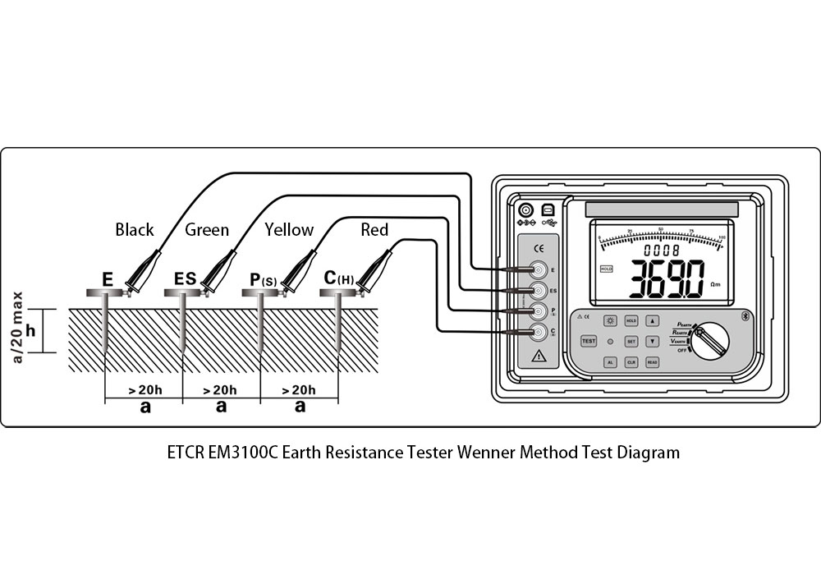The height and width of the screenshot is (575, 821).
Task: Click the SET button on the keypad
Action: click(x=631, y=340)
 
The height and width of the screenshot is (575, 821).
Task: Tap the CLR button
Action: click(x=631, y=361)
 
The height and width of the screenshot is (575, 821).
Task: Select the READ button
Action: click(x=652, y=361)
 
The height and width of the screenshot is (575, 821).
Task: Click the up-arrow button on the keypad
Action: click(x=652, y=321)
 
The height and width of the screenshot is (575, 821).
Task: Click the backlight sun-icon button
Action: click(x=611, y=321)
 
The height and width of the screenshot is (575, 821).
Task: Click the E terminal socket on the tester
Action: click(x=539, y=269)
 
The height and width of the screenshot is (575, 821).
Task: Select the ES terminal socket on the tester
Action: click(x=539, y=290)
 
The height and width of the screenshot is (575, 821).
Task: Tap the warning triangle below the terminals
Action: click(x=539, y=356)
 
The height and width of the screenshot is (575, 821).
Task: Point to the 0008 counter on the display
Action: click(x=662, y=250)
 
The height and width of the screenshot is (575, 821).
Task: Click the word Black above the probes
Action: click(x=135, y=230)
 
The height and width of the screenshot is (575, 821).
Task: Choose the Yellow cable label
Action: click(x=289, y=230)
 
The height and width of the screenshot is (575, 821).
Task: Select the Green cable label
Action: click(x=207, y=230)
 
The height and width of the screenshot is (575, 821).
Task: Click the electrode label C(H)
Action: click(x=339, y=279)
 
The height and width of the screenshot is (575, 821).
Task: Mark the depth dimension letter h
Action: click(x=30, y=330)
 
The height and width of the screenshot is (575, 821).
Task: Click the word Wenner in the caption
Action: click(x=486, y=453)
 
